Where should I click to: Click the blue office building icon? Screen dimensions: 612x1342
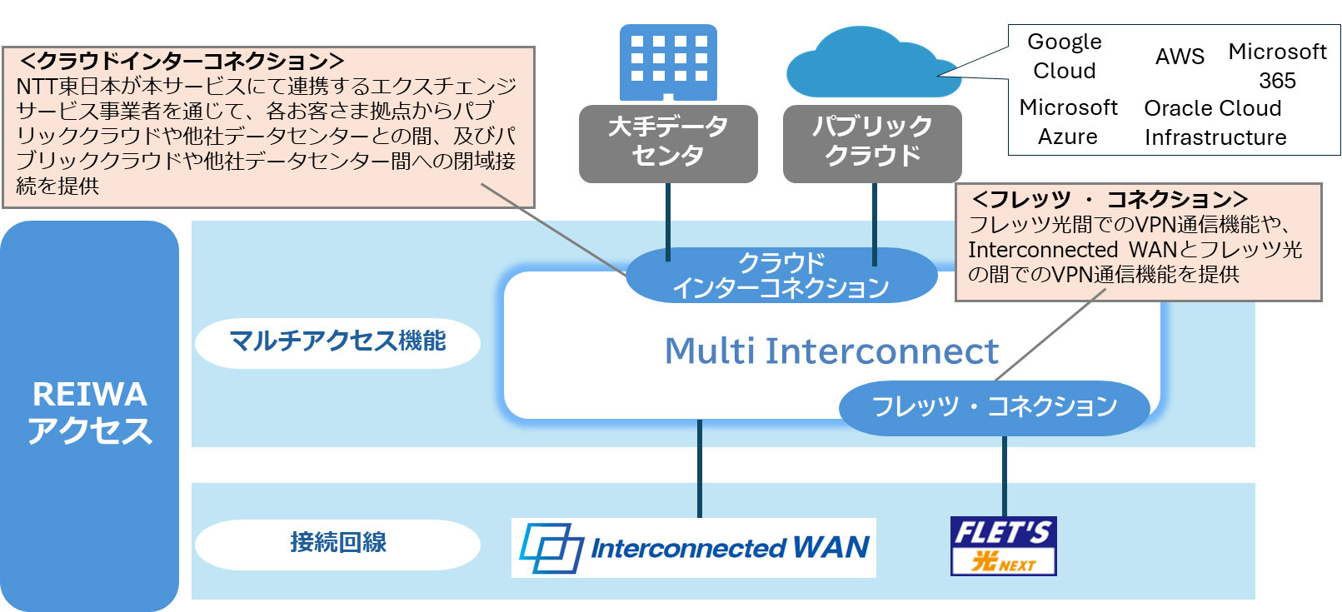[668, 62]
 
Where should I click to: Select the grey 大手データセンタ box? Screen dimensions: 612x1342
[668, 143]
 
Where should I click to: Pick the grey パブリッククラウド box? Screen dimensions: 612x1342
[872, 143]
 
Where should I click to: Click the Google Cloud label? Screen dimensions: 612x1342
[1064, 56]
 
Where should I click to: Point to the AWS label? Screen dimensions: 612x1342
[1180, 57]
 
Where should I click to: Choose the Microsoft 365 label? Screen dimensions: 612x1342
[1277, 66]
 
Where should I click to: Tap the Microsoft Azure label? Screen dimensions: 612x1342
[1068, 122]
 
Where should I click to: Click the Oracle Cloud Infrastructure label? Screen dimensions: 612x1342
[1215, 122]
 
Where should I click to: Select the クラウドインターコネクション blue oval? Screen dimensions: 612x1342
[781, 276]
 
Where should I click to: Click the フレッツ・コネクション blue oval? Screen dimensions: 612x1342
[994, 406]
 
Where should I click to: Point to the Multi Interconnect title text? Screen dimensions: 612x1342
[831, 351]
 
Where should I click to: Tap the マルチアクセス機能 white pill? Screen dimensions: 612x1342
[337, 341]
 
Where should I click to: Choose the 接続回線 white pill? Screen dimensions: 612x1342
[337, 543]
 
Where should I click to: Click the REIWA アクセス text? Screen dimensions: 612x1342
[89, 413]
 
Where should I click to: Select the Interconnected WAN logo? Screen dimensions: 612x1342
[694, 548]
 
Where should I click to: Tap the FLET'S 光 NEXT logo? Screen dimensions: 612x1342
[1003, 546]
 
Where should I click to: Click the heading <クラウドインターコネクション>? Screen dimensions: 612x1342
[182, 61]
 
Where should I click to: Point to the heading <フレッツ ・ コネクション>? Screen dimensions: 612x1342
[1110, 199]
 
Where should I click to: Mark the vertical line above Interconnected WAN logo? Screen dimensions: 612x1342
[700, 468]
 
